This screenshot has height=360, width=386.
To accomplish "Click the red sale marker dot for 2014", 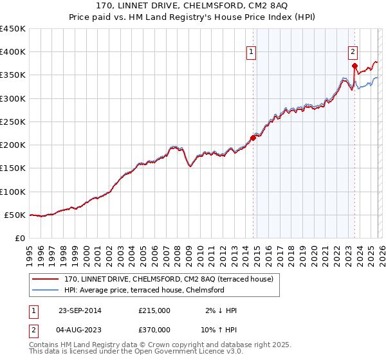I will [x=253, y=137].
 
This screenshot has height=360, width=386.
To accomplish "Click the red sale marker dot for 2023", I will [x=354, y=65].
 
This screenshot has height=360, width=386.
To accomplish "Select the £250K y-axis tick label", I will [x=13, y=122].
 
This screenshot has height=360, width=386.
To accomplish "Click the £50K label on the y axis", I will [x=15, y=215].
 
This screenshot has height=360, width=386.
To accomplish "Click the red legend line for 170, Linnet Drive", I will [x=46, y=279].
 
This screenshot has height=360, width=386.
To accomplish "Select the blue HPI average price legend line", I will [x=46, y=290].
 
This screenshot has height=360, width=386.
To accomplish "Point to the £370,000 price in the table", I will [x=154, y=329].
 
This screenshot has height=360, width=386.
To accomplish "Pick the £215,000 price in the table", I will [x=154, y=310].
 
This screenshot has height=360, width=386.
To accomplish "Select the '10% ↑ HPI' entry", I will [x=218, y=329].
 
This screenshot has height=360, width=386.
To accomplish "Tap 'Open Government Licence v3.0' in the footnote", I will [x=191, y=352].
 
